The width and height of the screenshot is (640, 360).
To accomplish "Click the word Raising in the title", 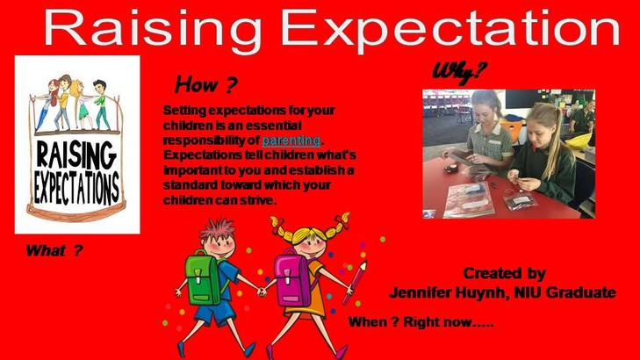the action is coord(152,30).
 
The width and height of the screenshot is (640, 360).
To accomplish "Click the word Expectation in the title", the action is coord(450,29).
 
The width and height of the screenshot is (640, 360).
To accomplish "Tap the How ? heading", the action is coord(205,84).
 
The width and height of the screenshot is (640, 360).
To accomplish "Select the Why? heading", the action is coord(459,73).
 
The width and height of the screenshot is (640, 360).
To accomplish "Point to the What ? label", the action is coord(54,250).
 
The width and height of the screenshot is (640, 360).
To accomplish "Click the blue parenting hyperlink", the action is coord(291,140).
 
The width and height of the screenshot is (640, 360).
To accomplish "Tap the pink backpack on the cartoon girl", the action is coord(291,279).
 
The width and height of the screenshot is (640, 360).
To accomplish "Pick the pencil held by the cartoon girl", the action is coord(355,283).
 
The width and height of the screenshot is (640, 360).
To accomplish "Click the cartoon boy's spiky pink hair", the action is coord(218,228).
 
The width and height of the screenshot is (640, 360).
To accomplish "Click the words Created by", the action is coord(504,273).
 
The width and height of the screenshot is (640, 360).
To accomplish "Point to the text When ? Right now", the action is coord(421,322).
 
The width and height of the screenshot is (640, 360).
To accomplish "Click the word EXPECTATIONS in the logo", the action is coord(76,188).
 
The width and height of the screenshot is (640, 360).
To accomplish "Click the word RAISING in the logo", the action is coord(76,154).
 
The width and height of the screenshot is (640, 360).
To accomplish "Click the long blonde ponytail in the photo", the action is coord(555,134).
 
